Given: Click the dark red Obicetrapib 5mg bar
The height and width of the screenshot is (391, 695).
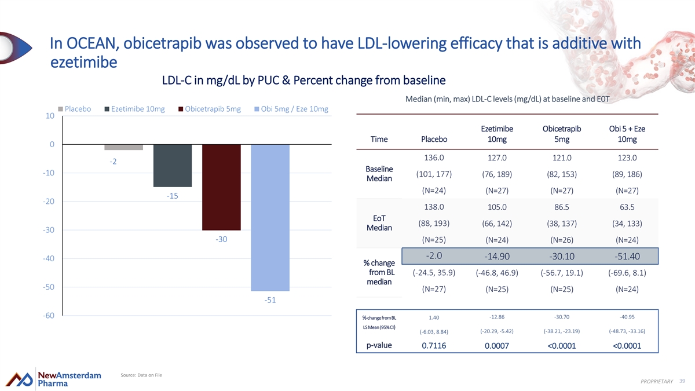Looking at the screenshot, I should click(x=221, y=187).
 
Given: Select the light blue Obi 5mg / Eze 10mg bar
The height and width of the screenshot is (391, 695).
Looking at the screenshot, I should click(x=270, y=217).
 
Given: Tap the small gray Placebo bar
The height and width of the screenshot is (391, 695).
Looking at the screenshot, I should click(x=124, y=147).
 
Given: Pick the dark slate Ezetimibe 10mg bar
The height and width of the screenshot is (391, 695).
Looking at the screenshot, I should click(x=173, y=166).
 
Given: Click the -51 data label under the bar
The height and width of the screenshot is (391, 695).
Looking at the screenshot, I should click(x=270, y=300).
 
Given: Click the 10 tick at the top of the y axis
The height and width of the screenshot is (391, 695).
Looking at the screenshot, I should click(x=50, y=116).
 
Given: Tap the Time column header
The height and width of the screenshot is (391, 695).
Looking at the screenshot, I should click(x=379, y=139).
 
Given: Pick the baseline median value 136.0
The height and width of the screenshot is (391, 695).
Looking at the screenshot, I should click(x=434, y=158).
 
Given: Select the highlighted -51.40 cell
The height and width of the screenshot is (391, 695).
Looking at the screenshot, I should click(x=627, y=257).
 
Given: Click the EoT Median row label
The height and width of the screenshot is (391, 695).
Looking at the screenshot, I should click(x=379, y=223).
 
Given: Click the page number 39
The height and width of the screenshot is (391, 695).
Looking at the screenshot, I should click(x=682, y=380).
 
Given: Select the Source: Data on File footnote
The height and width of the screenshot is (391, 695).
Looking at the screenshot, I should click(x=141, y=375).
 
